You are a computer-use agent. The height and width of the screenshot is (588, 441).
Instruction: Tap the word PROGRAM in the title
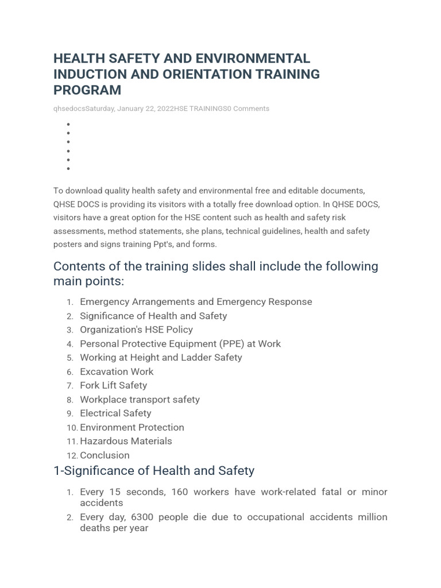pyautogui.click(x=87, y=90)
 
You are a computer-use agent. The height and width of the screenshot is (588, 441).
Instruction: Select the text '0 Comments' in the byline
pyautogui.click(x=248, y=109)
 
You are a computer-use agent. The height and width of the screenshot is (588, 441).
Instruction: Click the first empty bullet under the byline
pyautogui.click(x=68, y=124)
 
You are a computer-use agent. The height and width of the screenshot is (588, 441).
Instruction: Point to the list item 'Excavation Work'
pyautogui.click(x=117, y=372)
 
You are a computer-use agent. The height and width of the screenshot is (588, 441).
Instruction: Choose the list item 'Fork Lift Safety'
pyautogui.click(x=113, y=385)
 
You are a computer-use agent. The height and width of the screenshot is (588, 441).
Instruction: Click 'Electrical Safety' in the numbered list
pyautogui.click(x=115, y=413)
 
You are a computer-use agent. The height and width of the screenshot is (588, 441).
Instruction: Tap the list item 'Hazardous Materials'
pyautogui.click(x=126, y=441)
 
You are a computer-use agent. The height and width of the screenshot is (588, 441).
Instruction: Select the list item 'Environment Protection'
pyautogui.click(x=132, y=427)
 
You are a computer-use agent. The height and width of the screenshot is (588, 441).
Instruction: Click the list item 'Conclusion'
pyautogui.click(x=105, y=455)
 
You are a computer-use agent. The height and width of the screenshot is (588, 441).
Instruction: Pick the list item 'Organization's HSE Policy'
pyautogui.click(x=136, y=330)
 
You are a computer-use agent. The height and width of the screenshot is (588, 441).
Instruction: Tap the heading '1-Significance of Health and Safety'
pyautogui.click(x=153, y=471)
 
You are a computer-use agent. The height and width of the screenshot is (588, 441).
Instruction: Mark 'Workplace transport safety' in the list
pyautogui.click(x=140, y=400)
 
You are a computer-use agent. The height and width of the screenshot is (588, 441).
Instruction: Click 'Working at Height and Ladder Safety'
pyautogui.click(x=161, y=358)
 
